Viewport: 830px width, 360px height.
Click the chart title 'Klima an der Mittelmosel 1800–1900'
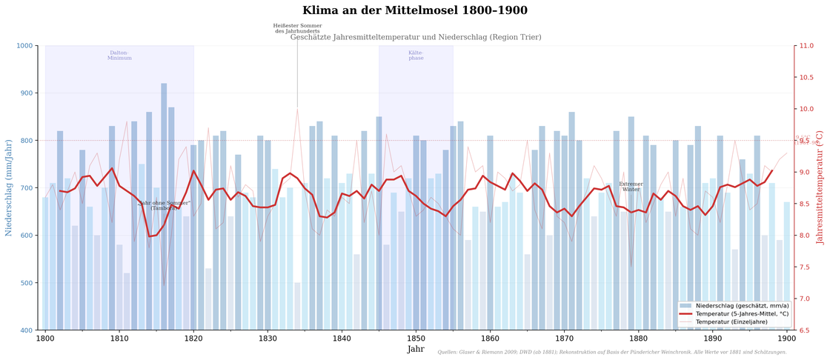coord(415,11)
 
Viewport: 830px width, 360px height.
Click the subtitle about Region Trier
coord(415,37)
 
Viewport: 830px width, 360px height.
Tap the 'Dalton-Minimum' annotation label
coord(119,56)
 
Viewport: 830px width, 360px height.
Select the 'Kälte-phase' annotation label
coord(416,56)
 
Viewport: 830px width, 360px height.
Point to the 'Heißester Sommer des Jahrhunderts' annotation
coord(297,29)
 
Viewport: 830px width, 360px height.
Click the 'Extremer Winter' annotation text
coord(631,187)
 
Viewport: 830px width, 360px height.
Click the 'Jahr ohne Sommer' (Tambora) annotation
coord(165,205)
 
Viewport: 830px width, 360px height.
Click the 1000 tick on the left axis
coord(25,46)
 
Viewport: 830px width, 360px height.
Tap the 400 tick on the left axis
coord(27,330)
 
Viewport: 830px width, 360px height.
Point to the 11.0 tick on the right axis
coord(804,46)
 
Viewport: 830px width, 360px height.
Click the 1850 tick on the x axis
coord(416,339)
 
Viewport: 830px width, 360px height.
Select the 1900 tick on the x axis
coord(786,339)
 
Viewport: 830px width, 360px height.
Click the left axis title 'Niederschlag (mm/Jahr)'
coord(9,188)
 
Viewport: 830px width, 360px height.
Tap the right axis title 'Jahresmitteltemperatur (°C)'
coord(820,188)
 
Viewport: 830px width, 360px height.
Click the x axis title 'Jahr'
coord(416,350)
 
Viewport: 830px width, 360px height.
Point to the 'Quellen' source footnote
coord(611,353)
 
